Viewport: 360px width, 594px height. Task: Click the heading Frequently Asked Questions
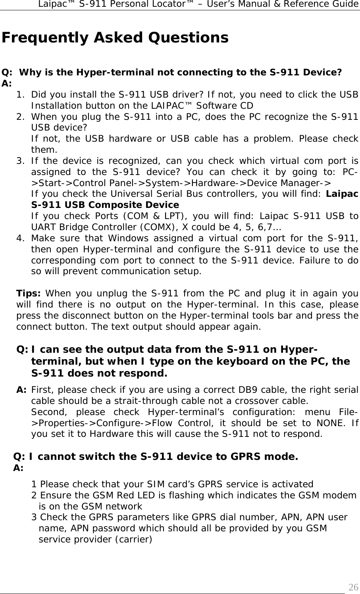point(115,38)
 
